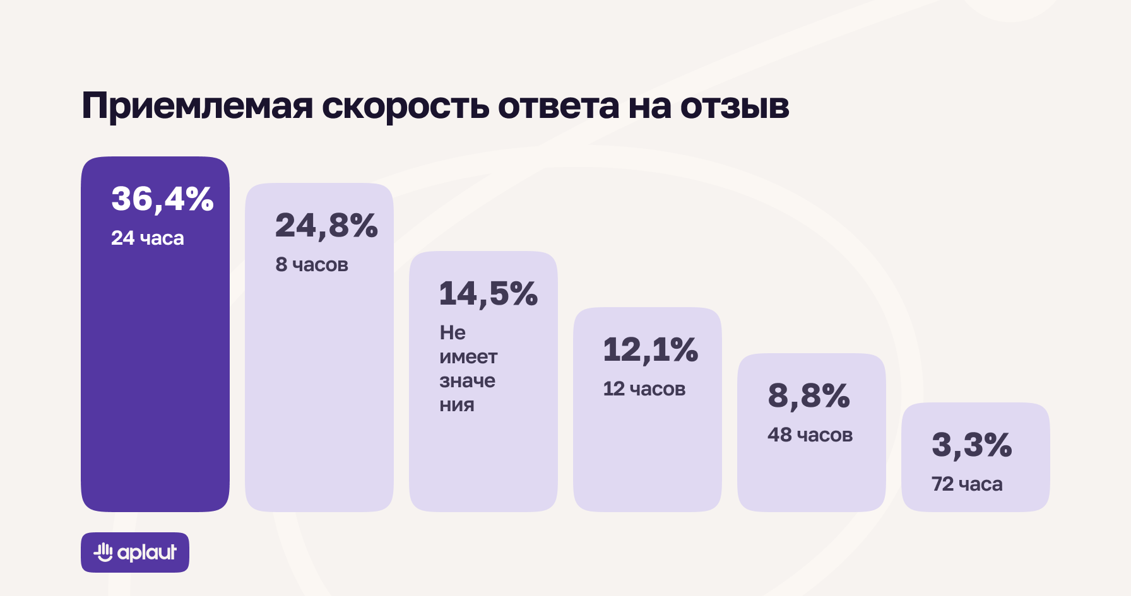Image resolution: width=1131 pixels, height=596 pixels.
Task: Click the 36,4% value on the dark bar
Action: (162, 199)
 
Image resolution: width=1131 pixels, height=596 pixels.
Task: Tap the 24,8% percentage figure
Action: (326, 226)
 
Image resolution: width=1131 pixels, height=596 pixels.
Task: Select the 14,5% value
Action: (488, 294)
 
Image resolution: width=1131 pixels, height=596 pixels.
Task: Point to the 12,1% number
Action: (650, 350)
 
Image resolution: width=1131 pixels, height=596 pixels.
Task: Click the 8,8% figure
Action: (808, 396)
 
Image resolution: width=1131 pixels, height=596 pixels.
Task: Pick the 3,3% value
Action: (971, 445)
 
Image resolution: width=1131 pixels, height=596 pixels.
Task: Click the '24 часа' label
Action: (148, 238)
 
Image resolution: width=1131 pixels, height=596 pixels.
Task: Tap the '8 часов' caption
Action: (312, 265)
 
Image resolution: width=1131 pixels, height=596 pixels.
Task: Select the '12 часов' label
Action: (644, 389)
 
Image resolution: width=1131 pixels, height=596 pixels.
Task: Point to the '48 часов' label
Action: (810, 435)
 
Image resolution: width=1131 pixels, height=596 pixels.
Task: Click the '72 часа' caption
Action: (967, 484)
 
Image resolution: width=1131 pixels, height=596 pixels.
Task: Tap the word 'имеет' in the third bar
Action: (468, 358)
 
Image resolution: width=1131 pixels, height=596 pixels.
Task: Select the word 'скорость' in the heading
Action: (405, 106)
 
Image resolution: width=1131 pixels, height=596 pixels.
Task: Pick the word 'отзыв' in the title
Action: (735, 106)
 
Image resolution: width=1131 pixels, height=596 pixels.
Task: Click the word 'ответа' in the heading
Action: (558, 106)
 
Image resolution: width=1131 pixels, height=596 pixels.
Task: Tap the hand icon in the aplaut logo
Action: (104, 552)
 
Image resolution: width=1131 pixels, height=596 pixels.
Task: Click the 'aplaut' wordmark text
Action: (147, 552)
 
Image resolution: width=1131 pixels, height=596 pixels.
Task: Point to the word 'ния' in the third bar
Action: (456, 405)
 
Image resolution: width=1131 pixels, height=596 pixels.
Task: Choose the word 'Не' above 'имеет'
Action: (453, 332)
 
